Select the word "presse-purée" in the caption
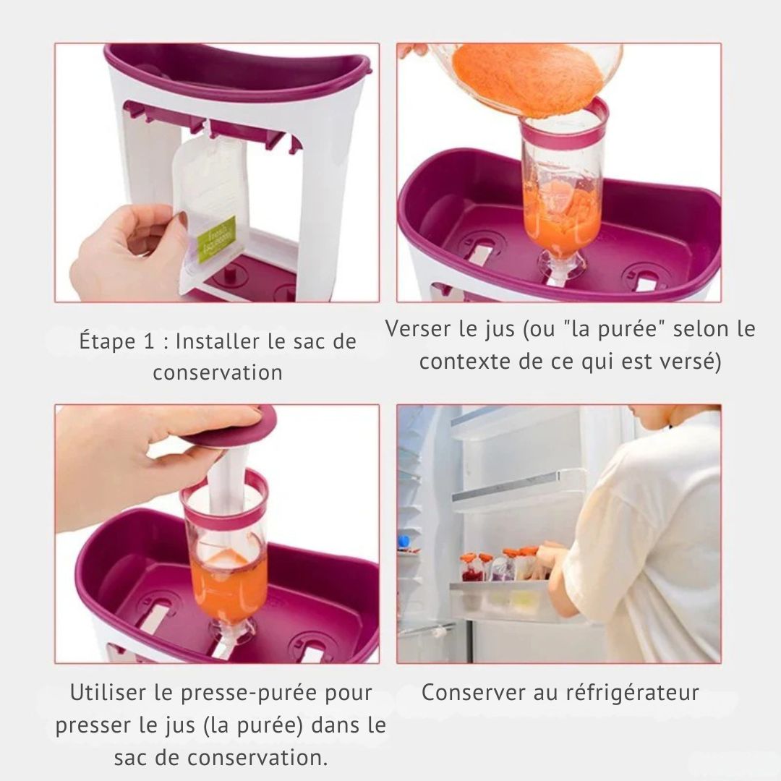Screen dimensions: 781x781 click(244, 693)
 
